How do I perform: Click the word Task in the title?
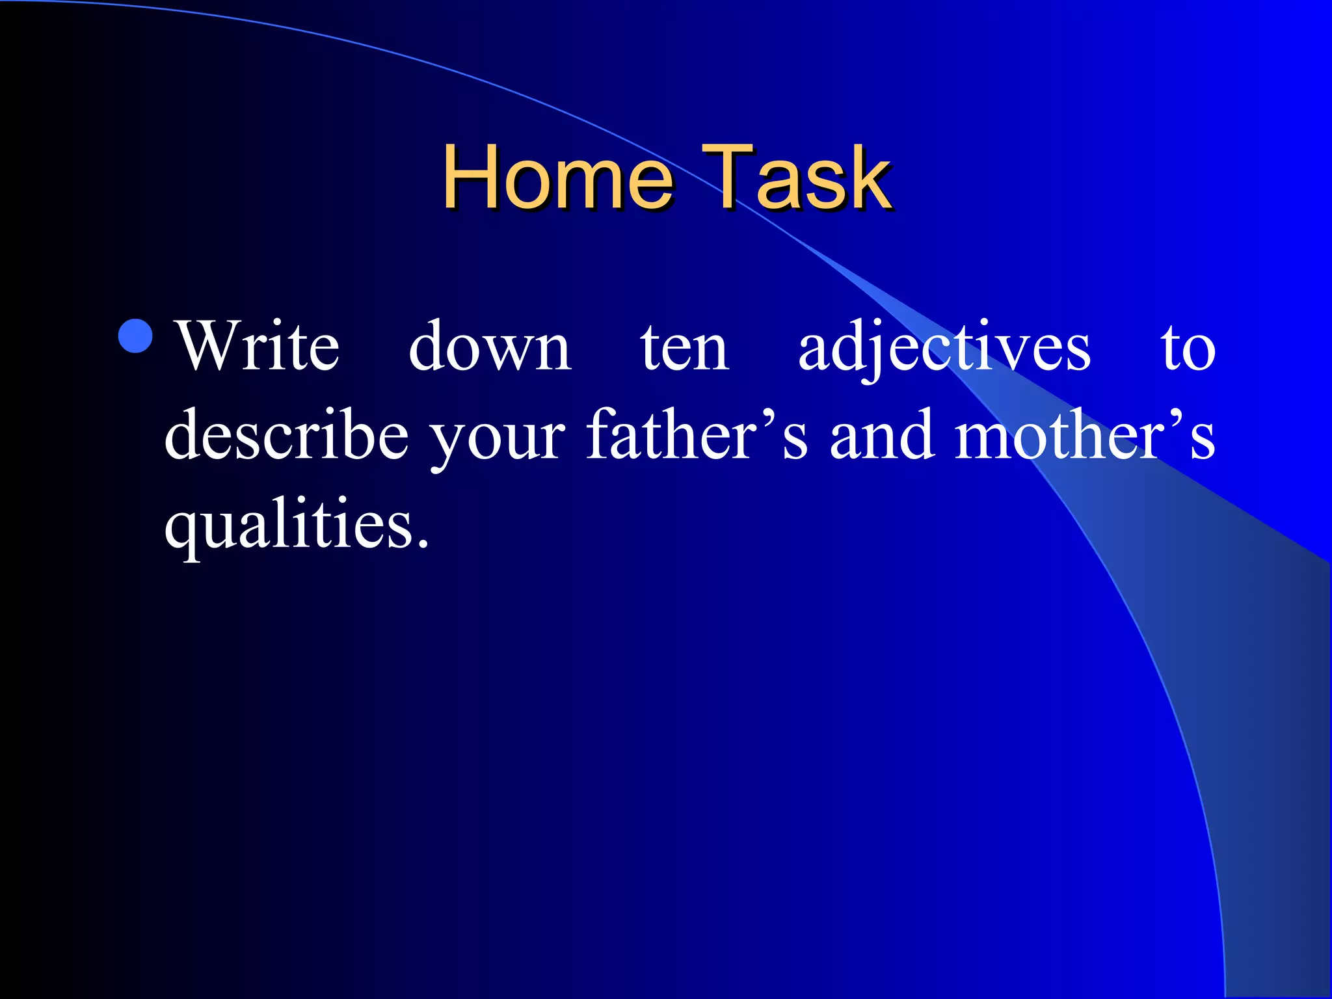click(796, 178)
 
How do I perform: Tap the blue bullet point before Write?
click(136, 336)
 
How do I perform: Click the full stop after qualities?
click(423, 544)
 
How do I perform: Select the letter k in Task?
click(870, 178)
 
